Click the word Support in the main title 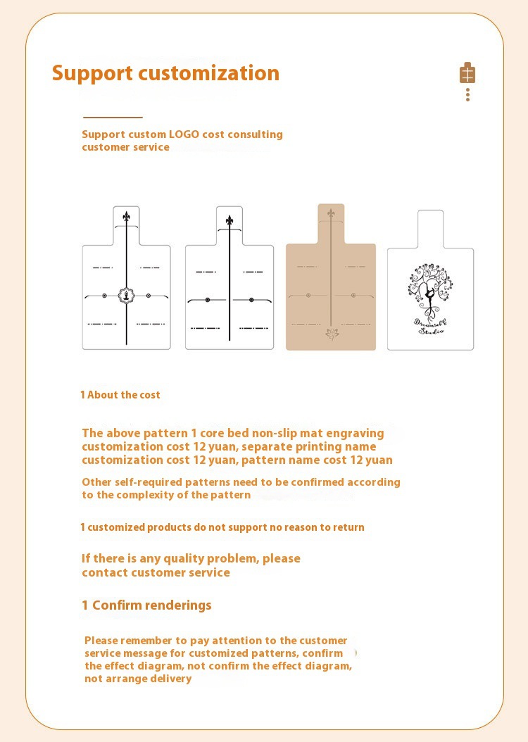[92, 74]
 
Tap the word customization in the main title [208, 73]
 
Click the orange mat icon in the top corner [467, 73]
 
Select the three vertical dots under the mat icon [467, 94]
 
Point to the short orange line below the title [113, 117]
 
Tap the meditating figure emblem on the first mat [126, 296]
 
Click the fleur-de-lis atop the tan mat [331, 213]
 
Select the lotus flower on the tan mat [332, 334]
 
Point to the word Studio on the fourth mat [431, 330]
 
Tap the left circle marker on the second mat [208, 299]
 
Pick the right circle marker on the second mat [251, 299]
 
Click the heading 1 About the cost [120, 395]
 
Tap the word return [348, 527]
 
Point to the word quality [186, 559]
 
